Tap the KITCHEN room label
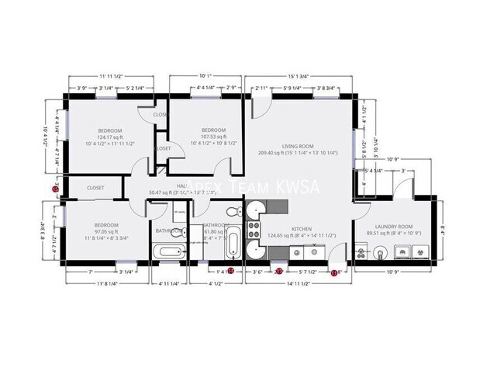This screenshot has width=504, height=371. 301,229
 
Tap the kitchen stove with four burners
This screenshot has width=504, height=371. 253,228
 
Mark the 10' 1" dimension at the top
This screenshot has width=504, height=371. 205,76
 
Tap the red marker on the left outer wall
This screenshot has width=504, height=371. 55,188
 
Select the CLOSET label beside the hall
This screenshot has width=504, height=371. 95,188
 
